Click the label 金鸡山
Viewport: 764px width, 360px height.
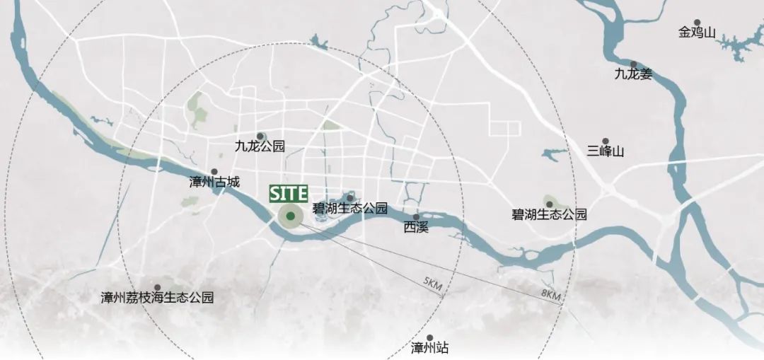[x=698, y=33]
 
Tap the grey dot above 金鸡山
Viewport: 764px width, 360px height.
[x=697, y=23]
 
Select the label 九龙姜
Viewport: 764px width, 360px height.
[x=633, y=73]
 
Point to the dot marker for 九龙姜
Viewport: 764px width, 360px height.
[x=633, y=64]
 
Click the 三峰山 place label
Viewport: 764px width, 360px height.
[x=606, y=151]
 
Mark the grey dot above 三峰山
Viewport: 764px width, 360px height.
[x=606, y=141]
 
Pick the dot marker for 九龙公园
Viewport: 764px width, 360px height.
[x=260, y=136]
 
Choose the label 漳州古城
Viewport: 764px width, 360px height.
[x=214, y=181]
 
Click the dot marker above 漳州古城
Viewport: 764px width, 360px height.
[x=214, y=171]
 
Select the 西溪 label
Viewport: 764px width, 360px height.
[x=416, y=227]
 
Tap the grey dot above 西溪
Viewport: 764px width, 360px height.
[x=416, y=217]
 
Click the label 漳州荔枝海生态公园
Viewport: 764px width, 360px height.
[x=157, y=297]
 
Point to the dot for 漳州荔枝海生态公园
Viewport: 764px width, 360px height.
[x=157, y=287]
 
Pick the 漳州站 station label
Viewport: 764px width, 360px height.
[x=430, y=347]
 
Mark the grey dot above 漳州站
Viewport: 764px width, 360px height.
[x=430, y=337]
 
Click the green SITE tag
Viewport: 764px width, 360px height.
[x=288, y=193]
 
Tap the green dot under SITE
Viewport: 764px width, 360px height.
[x=290, y=216]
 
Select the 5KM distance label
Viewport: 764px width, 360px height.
[x=433, y=285]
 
